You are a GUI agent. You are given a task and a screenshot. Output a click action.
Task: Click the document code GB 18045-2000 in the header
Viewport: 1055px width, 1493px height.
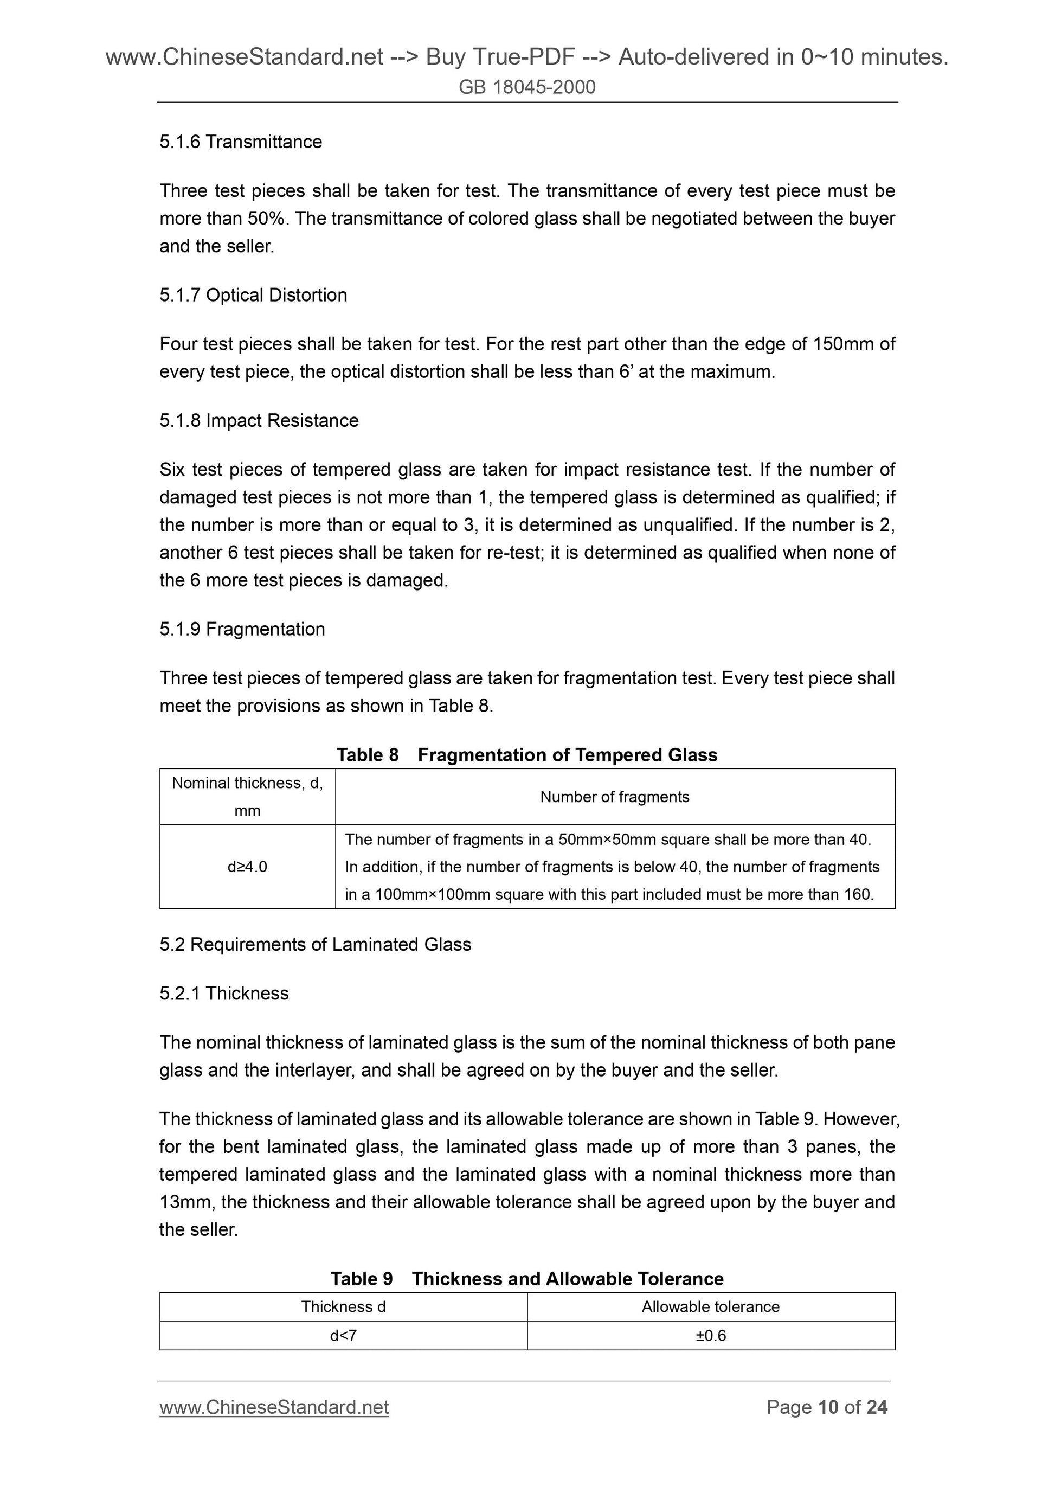point(526,87)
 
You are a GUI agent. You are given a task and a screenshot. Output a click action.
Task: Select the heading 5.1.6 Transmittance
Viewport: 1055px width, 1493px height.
point(241,142)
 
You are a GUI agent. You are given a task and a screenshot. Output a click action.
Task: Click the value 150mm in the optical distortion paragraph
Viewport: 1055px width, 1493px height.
point(842,344)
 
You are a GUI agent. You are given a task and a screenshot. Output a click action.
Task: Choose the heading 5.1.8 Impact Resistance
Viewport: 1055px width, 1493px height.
point(259,421)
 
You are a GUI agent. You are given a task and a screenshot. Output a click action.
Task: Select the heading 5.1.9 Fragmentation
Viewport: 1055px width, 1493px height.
point(242,630)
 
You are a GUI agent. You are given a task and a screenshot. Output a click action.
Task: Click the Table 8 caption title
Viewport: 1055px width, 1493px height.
point(526,755)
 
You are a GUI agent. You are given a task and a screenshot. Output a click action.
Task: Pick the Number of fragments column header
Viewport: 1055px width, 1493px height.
point(614,797)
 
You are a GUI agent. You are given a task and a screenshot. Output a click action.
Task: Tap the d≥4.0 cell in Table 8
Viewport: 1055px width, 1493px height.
point(247,867)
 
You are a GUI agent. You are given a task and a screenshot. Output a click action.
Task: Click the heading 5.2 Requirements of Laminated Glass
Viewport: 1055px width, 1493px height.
point(316,944)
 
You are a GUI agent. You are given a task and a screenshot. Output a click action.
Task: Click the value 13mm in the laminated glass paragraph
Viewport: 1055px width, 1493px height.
point(184,1202)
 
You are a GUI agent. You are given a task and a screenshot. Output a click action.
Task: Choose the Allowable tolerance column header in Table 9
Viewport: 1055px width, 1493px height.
point(711,1307)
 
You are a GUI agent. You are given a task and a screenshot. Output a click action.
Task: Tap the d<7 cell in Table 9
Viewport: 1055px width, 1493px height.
point(343,1336)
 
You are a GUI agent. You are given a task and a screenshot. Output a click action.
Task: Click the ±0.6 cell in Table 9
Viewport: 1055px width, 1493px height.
point(711,1336)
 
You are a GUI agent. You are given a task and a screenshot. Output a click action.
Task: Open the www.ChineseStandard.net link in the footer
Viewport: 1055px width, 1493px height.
point(274,1408)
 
